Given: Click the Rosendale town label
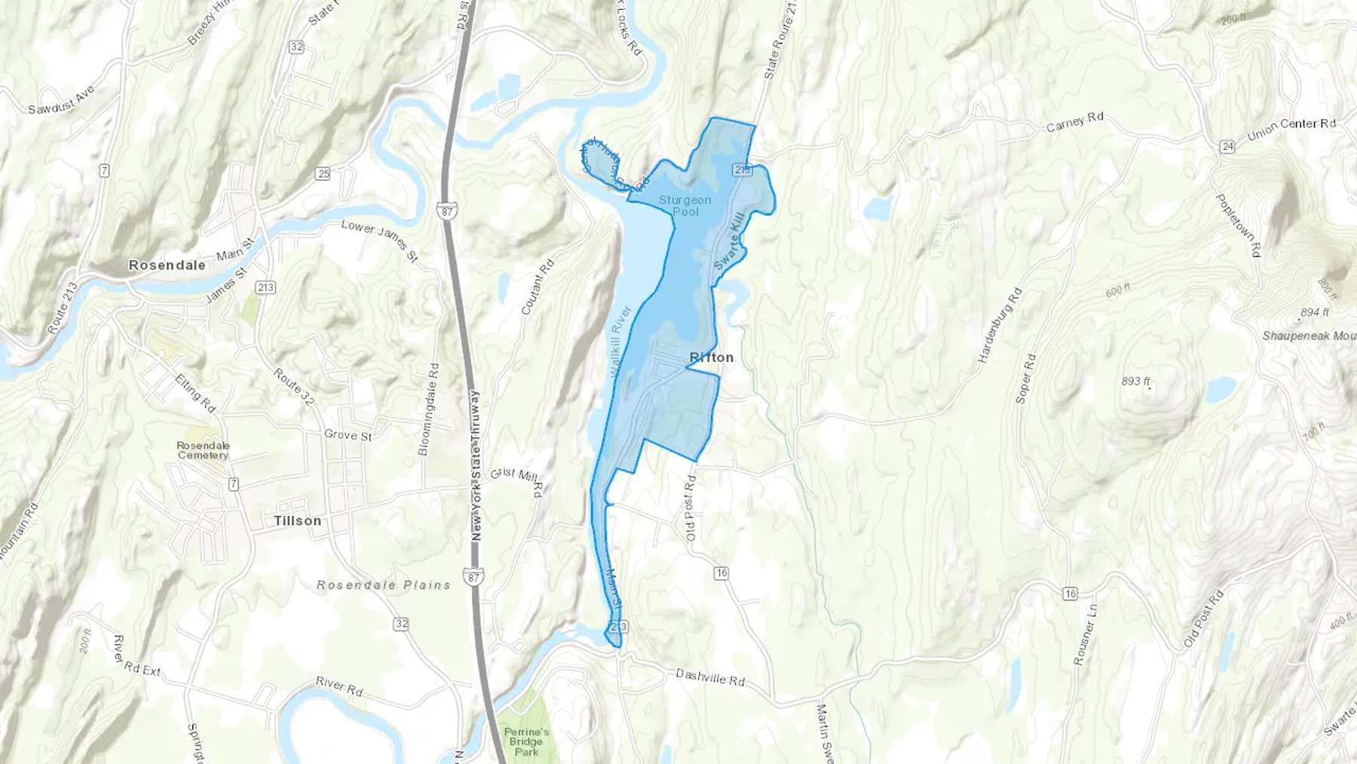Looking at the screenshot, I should click(167, 265).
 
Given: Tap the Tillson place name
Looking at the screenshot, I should click(297, 520).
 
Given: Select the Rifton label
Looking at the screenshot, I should click(711, 357).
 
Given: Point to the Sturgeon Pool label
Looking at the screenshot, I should click(685, 205).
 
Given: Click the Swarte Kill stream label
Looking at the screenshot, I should click(729, 241).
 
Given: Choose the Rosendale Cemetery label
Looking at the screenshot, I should click(203, 450).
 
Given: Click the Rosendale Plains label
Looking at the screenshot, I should click(383, 585).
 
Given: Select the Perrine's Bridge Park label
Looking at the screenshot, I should click(526, 741).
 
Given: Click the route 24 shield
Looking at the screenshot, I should click(1227, 146).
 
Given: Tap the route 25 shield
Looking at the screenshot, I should click(323, 174).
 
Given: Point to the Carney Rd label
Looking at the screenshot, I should click(1074, 122).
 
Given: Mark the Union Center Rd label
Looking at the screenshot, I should click(1291, 128).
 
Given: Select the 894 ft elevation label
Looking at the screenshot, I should click(1315, 311).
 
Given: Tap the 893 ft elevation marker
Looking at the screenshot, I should click(1135, 381).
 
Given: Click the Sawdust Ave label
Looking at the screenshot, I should click(62, 100).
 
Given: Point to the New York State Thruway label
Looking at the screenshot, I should click(475, 465).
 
